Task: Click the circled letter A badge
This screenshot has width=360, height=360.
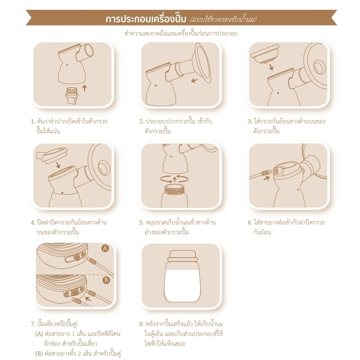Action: point(105,248)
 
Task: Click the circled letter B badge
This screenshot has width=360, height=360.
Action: point(106,280)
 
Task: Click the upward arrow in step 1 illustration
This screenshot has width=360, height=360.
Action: point(85,88)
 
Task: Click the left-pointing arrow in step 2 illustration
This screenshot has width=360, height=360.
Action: point(195,80)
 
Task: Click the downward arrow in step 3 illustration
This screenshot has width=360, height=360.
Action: point(271,67)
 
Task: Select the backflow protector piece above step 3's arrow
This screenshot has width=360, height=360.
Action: point(265,54)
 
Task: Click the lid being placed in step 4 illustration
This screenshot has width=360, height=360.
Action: point(52,155)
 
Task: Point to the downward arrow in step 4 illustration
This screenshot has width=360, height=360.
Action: point(58,165)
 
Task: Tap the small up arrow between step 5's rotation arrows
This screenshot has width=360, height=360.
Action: point(175,179)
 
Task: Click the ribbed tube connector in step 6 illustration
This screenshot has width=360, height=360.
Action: point(266,172)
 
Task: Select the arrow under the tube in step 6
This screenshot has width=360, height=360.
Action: point(266,178)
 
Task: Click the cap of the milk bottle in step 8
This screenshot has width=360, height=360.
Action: point(183,256)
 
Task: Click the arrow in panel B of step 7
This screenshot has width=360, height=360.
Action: point(88,299)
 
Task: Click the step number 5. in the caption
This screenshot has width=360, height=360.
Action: point(141,223)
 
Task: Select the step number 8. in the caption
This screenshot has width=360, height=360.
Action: point(141,324)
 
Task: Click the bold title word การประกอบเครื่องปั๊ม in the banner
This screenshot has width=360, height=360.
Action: point(146,19)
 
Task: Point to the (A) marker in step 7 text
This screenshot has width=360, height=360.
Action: point(39,334)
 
